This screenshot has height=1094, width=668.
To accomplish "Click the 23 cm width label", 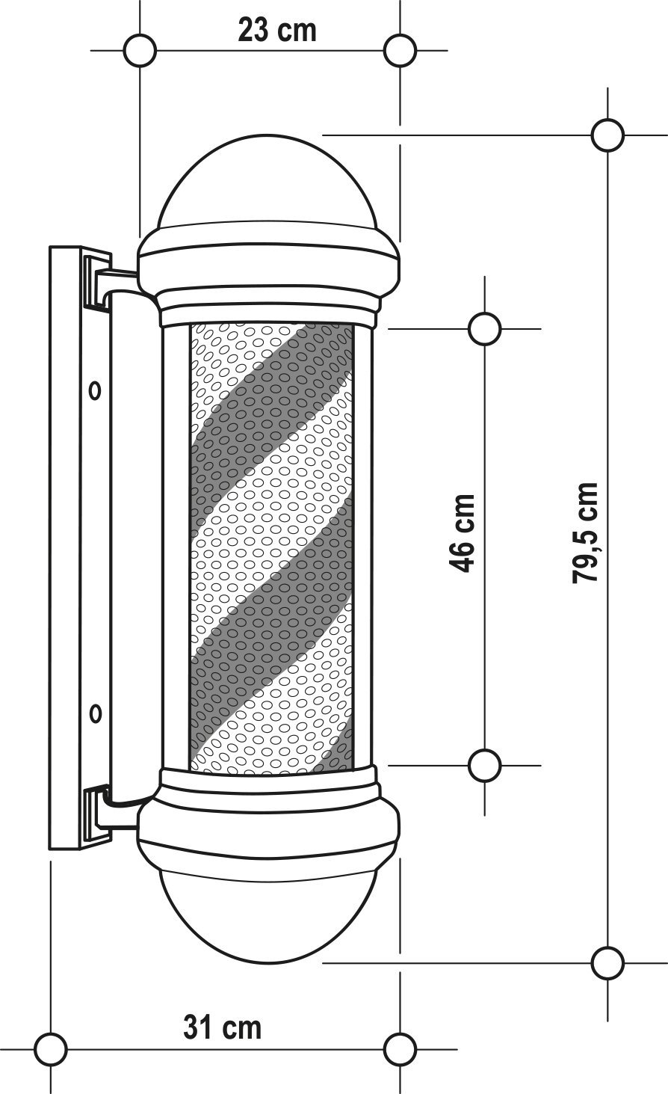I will tap(277, 31).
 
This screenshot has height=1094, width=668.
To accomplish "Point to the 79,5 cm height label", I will tap(585, 532).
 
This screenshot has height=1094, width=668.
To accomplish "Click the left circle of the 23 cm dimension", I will tap(140, 51).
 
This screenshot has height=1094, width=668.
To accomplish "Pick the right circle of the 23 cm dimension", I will tap(401, 51).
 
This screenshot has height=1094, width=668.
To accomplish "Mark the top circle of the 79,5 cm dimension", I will tap(607, 135).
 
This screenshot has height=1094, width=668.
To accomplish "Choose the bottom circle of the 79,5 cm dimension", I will tap(607, 962).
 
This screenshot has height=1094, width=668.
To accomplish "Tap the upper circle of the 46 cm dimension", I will tap(485, 328).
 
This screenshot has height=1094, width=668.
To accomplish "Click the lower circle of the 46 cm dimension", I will tap(485, 765).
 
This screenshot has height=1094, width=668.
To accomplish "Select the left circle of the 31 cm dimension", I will tap(51, 1048).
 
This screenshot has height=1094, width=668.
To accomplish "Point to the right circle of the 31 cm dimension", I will tap(401, 1048).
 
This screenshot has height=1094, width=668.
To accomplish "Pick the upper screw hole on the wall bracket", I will tap(95, 390).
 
